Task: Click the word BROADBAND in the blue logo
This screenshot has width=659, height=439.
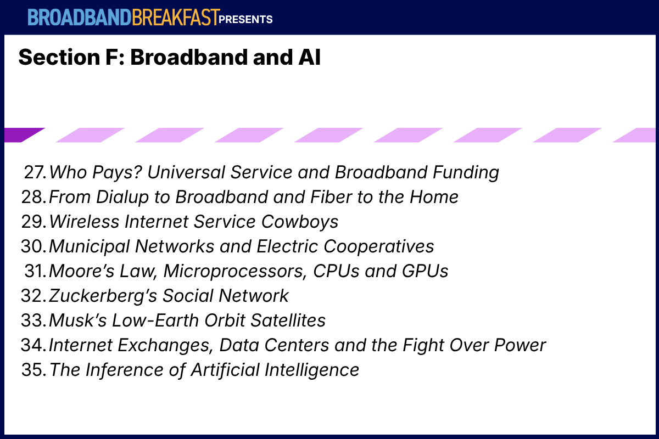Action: (80, 18)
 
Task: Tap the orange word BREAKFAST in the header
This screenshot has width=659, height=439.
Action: (176, 18)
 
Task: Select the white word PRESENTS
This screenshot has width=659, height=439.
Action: (245, 19)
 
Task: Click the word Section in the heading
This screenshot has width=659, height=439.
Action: (59, 57)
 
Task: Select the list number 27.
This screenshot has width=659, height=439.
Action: (35, 172)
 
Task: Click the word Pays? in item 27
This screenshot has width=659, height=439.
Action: (117, 173)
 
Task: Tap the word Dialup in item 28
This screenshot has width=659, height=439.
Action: (122, 198)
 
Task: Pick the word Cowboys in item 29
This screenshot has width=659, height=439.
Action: (300, 222)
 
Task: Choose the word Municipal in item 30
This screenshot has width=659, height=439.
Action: (89, 247)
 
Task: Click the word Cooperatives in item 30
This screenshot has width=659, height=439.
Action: (378, 247)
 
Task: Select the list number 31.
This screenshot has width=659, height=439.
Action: (35, 271)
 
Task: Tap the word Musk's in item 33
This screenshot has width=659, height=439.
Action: (77, 320)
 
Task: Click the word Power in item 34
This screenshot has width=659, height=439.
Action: (520, 345)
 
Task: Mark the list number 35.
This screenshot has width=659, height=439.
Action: (34, 370)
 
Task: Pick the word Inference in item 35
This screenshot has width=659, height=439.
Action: (125, 370)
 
